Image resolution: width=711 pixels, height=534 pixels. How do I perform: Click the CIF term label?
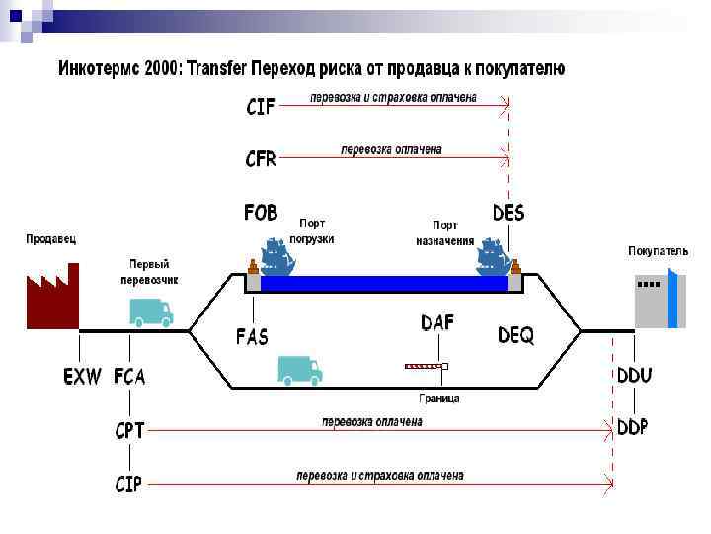261,107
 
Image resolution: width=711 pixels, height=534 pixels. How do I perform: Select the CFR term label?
261,158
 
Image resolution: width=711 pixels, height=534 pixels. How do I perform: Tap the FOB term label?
261,213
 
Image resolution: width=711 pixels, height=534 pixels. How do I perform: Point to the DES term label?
509,213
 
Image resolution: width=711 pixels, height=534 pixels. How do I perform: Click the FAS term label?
252,335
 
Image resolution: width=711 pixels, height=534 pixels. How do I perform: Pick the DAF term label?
437,322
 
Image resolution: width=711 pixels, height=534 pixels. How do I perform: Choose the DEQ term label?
515,336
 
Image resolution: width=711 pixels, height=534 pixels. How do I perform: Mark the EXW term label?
82,377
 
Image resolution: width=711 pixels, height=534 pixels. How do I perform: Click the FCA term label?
129,377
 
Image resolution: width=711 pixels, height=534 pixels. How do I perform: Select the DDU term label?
634,376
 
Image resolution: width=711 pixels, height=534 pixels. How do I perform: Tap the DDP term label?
633,427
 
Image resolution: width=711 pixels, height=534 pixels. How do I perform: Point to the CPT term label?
129,430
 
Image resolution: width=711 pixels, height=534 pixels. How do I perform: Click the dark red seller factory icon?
51,297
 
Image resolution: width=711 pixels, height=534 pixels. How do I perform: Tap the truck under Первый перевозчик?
151,311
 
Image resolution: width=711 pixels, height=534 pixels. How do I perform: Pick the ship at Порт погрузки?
276,258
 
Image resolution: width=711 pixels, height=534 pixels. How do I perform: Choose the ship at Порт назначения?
493,258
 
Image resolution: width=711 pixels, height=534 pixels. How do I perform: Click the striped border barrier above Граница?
426,366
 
